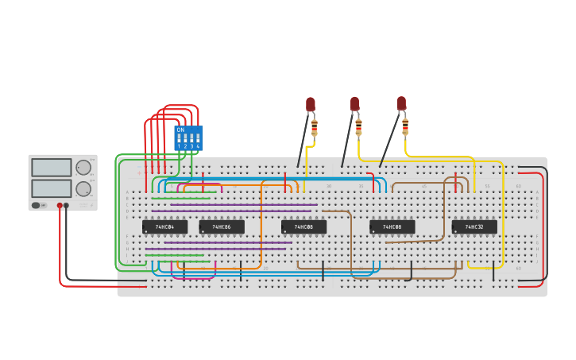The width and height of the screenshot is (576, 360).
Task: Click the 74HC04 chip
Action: [164, 226]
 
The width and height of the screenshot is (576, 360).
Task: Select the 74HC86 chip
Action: [221, 226]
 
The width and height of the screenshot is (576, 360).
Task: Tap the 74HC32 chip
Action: [474, 226]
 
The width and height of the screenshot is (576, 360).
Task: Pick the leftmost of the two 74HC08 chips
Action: [303, 226]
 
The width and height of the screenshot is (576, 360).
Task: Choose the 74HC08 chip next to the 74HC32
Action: [392, 226]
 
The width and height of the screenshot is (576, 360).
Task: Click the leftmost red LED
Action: [311, 104]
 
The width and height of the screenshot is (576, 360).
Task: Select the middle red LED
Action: [354, 103]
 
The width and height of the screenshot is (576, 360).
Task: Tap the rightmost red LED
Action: [401, 103]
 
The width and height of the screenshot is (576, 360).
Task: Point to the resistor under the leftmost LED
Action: [314, 127]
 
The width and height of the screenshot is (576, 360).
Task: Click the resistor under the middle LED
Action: [358, 127]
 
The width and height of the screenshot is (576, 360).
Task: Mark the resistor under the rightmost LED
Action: [405, 127]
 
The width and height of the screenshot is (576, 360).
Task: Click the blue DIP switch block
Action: [188, 138]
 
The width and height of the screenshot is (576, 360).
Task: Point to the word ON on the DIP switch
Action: [180, 130]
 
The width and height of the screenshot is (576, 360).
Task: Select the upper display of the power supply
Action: [52, 168]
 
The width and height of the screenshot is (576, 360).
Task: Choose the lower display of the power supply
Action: [52, 188]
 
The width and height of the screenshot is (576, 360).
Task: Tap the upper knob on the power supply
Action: [83, 167]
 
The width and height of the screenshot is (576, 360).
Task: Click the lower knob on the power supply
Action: [83, 189]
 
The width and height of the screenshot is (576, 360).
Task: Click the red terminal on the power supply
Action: [60, 205]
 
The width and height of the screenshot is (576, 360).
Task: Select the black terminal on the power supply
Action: [66, 205]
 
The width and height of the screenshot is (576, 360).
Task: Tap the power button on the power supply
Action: [36, 205]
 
